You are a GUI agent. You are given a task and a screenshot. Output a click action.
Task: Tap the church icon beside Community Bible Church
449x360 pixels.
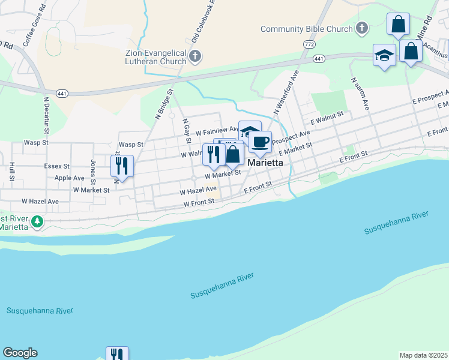click(x=362, y=28)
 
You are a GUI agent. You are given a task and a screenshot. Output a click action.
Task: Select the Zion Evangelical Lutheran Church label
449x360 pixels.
click(x=155, y=56)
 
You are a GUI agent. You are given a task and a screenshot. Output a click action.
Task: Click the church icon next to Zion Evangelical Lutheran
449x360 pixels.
click(x=194, y=57)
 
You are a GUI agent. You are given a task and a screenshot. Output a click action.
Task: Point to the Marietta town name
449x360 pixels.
click(x=265, y=161)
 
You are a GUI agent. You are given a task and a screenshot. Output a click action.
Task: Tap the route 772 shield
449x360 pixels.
click(x=309, y=44)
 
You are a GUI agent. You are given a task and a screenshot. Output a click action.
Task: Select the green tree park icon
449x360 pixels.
click(x=37, y=222)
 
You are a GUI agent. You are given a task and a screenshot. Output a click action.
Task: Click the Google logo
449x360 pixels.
click(x=20, y=353)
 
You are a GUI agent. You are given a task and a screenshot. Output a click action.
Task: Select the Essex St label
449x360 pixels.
click(x=57, y=166)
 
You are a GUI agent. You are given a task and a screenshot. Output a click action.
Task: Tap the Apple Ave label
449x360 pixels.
click(x=69, y=178)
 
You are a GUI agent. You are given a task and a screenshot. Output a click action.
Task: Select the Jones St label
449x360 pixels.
click(x=93, y=171)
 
